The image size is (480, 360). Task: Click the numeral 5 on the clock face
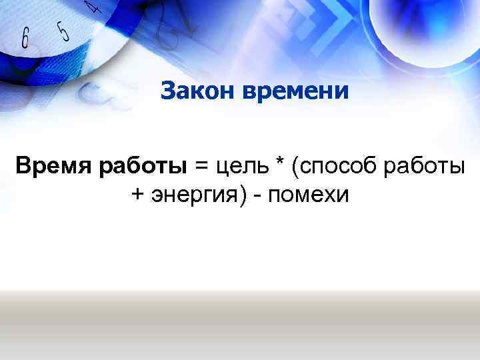coord(63,31)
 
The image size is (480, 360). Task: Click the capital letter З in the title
coord(167,90)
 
